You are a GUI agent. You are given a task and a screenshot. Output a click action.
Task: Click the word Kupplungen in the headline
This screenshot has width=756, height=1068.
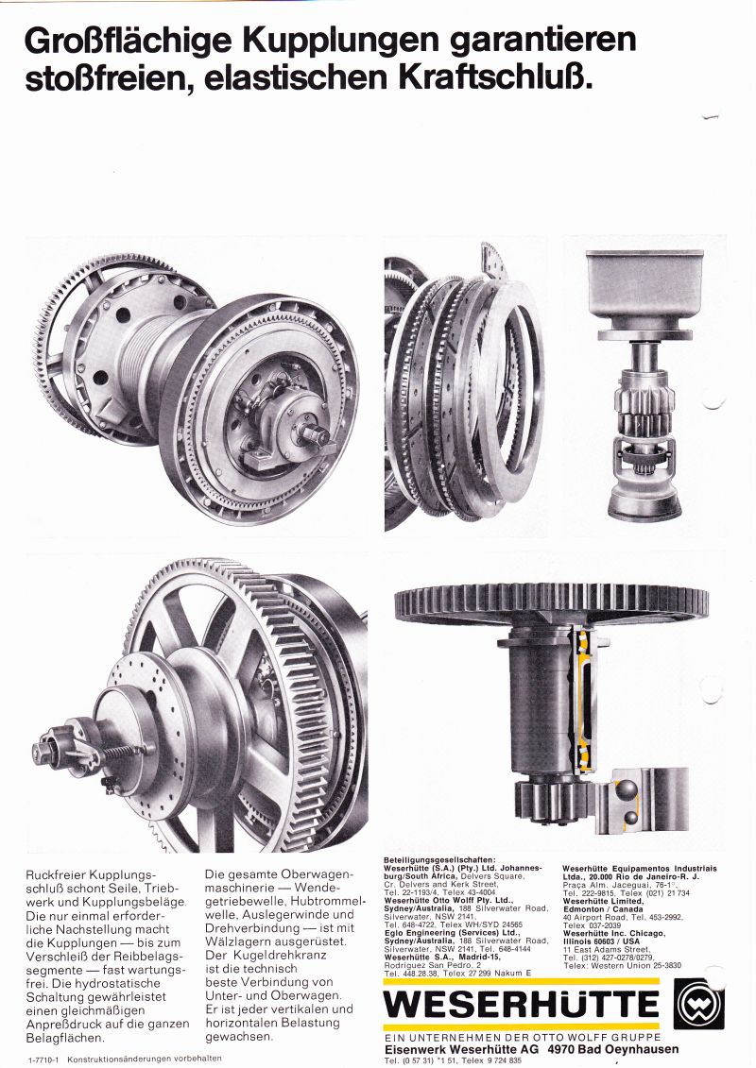point(342,42)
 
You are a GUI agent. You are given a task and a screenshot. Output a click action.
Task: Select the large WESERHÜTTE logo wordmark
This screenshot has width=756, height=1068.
point(522,1003)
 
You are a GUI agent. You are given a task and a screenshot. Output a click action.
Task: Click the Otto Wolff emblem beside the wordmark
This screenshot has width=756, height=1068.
point(698,1004)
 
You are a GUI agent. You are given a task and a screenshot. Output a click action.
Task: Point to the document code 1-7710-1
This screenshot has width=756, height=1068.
point(44,1060)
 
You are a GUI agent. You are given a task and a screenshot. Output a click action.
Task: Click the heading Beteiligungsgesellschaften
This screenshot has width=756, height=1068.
point(439,859)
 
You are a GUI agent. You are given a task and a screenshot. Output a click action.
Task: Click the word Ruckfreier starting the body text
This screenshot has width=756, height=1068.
point(56,874)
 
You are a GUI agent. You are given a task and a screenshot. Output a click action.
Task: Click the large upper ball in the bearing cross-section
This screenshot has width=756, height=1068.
point(625,789)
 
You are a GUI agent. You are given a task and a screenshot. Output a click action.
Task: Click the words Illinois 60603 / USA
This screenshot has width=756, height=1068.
point(602,941)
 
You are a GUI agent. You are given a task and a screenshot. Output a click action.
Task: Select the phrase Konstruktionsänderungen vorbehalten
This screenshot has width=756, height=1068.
point(145,1060)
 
